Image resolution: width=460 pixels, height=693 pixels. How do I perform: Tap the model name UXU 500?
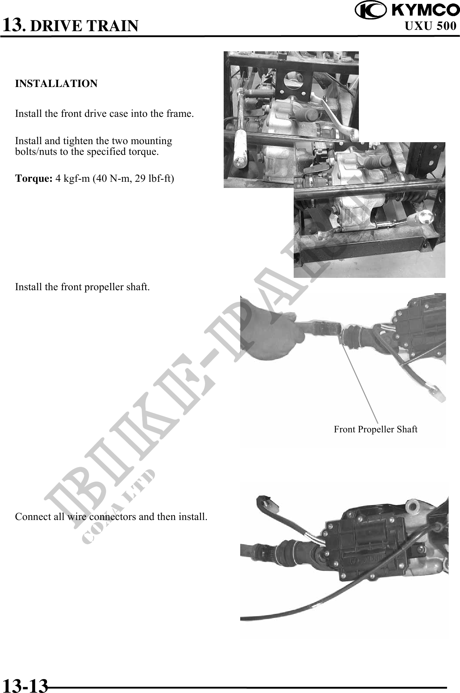coord(431,26)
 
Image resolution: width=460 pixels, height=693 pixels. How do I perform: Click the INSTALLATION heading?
coord(56,83)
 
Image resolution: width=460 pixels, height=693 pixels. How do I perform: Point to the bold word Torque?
coord(34,179)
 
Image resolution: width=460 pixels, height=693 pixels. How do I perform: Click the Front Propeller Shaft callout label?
coord(376,429)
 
